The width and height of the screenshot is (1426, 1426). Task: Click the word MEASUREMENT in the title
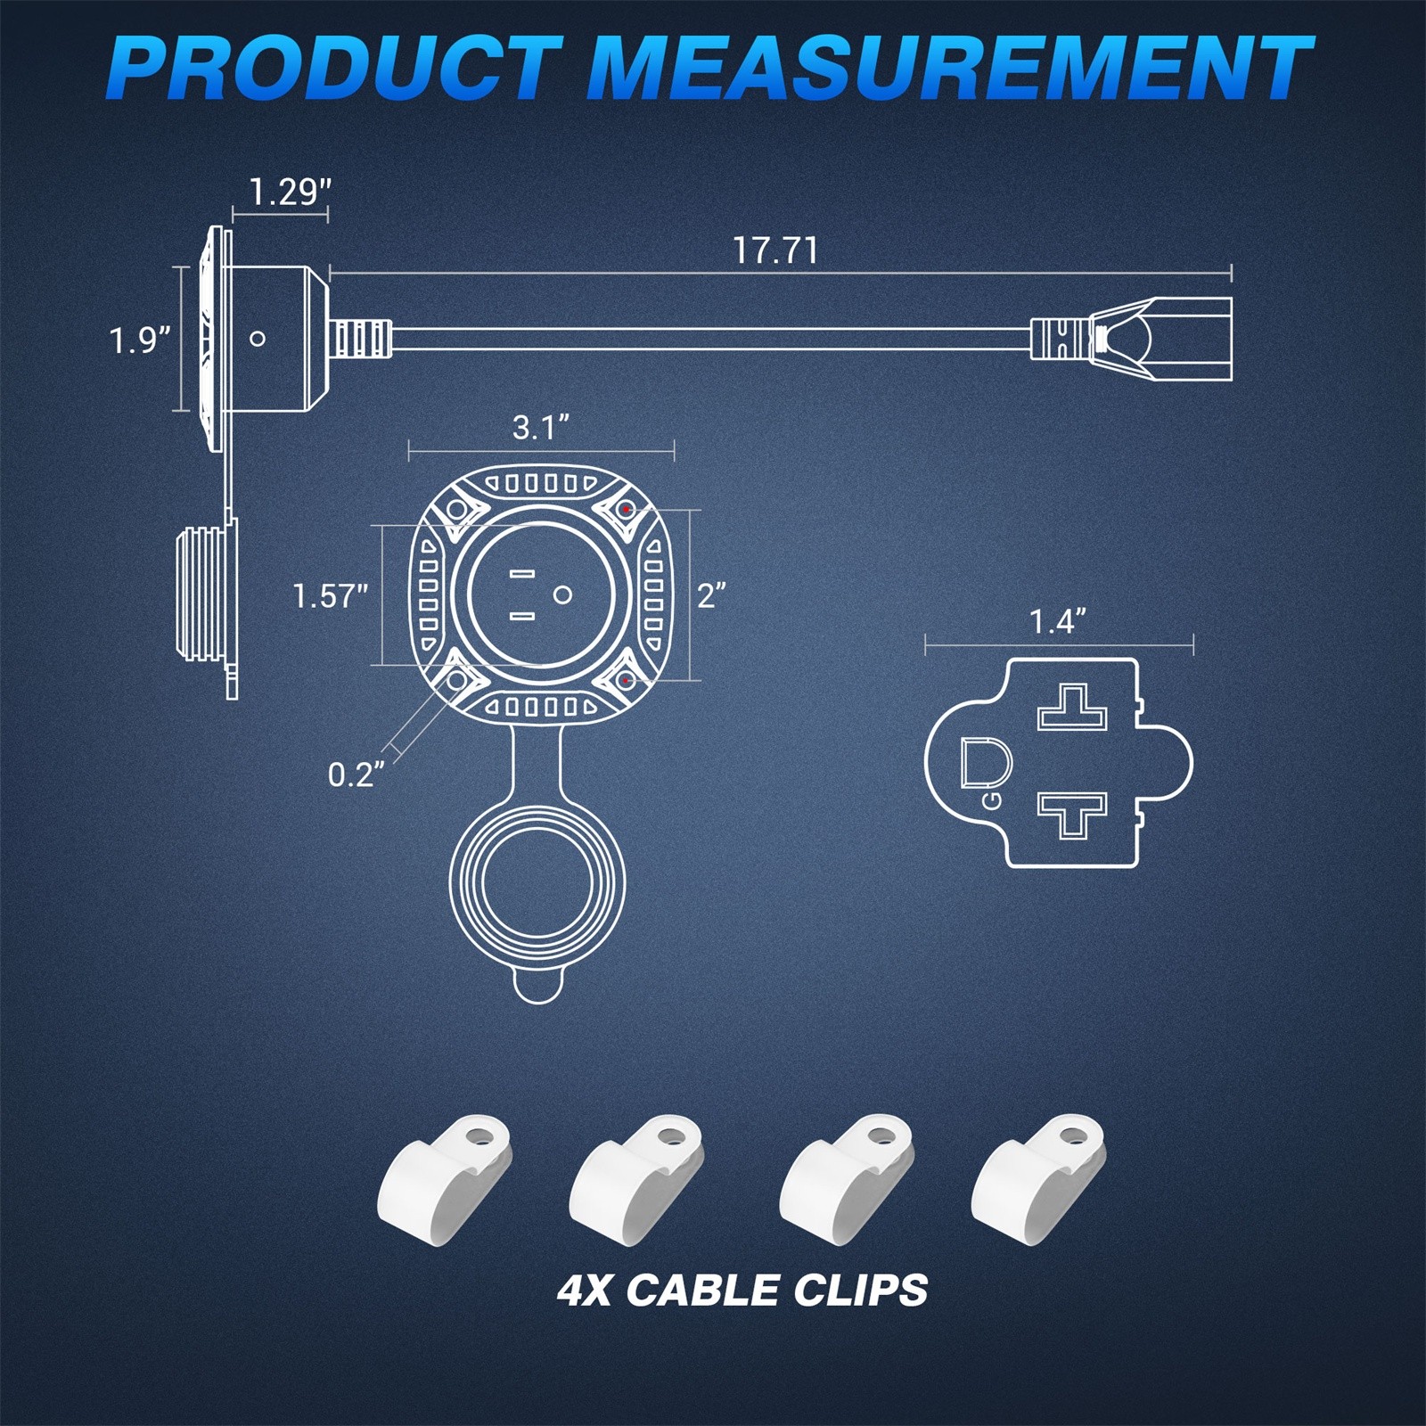950,69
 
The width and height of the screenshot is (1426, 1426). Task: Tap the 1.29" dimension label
289,193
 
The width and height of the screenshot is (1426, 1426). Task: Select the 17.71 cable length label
775,250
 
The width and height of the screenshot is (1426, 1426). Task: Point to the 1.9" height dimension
140,340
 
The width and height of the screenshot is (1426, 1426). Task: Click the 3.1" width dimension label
541,428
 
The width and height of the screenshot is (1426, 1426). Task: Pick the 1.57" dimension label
331,595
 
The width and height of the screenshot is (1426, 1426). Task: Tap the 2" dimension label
711,595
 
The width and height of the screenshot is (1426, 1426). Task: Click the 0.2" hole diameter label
356,774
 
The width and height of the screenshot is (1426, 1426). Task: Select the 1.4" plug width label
1058,621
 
